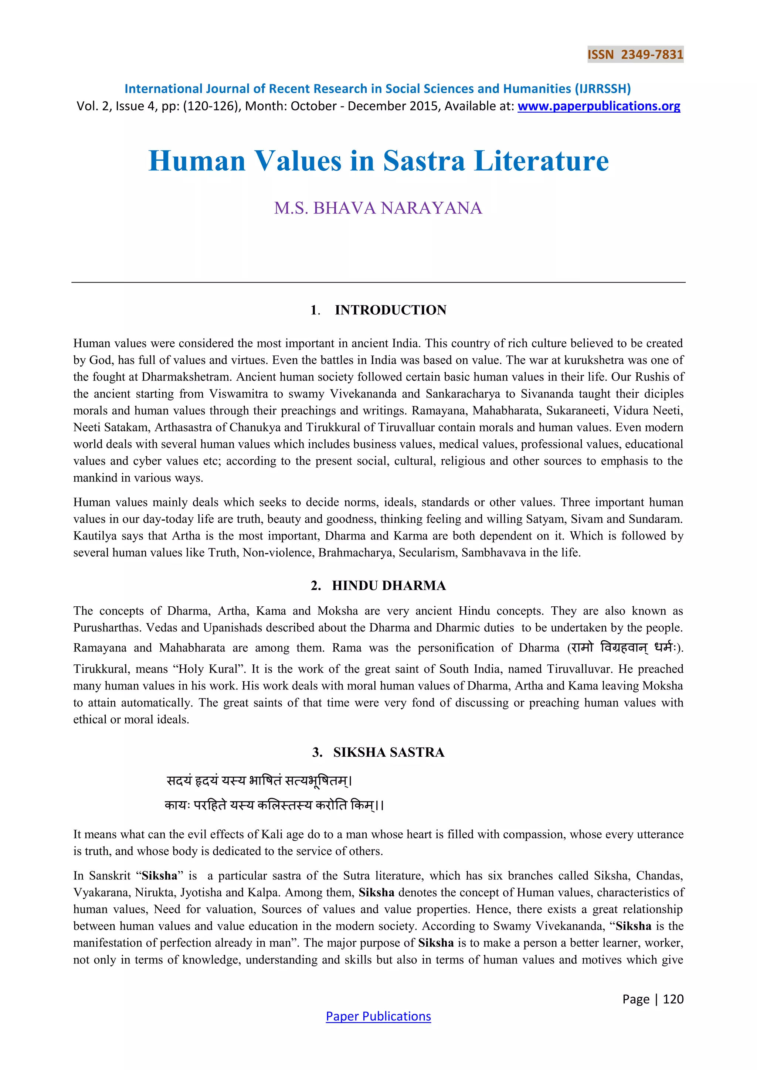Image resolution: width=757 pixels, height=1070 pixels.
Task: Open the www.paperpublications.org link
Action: (598, 106)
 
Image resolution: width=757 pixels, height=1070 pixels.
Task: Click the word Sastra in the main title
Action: (424, 161)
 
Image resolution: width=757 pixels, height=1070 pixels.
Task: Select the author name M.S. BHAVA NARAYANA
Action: (378, 208)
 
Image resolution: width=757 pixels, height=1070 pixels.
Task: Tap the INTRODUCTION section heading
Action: (390, 310)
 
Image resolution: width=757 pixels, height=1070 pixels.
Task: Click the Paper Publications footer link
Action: (378, 1016)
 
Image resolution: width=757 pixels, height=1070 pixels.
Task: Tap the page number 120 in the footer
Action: (673, 999)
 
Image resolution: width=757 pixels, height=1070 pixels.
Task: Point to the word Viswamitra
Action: (238, 394)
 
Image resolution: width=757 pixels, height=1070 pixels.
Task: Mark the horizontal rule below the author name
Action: (378, 282)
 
